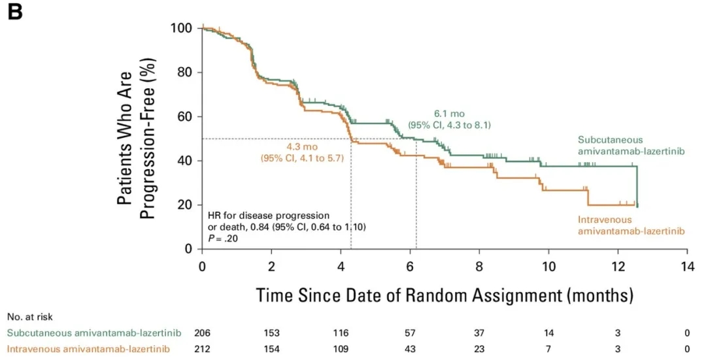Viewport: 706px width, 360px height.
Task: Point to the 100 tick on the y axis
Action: [x=182, y=28]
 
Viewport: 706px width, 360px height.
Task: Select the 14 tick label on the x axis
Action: [x=687, y=267]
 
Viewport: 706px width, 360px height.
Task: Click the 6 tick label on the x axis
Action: [x=410, y=267]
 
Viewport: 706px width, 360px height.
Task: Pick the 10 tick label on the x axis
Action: [x=548, y=267]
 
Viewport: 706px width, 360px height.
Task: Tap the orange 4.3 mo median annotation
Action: [x=301, y=147]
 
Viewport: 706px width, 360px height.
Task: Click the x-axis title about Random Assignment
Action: [x=445, y=295]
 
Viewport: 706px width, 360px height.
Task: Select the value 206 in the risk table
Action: [x=203, y=333]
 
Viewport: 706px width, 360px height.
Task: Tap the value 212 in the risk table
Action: [x=203, y=350]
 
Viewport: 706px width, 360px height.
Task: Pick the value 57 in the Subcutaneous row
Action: [x=411, y=333]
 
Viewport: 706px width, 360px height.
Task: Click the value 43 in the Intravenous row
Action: [x=411, y=350]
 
